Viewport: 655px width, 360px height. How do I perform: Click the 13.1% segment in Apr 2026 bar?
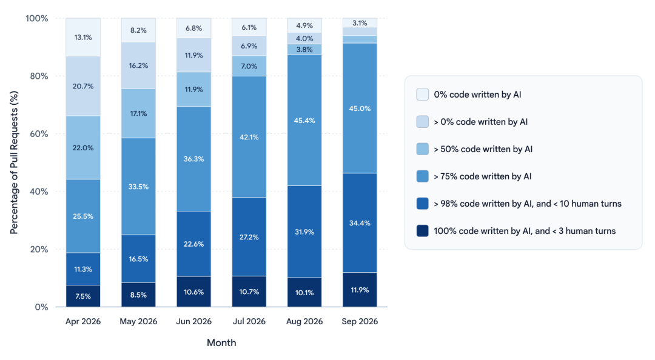click(83, 37)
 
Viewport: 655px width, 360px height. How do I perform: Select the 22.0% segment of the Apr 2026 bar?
click(83, 147)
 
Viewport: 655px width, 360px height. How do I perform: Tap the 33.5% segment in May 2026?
click(138, 186)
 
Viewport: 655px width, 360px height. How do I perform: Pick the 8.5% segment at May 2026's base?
click(138, 295)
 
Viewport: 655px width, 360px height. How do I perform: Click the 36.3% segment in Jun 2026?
click(194, 159)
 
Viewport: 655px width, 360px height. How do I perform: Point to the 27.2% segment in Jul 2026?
click(249, 237)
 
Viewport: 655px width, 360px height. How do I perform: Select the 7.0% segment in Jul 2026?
click(249, 66)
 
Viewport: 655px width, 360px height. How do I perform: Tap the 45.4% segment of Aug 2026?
click(304, 120)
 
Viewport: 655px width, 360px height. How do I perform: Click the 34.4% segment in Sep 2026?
click(360, 223)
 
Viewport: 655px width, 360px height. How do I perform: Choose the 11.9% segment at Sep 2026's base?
click(360, 290)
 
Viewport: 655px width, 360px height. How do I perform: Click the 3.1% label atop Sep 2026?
click(360, 23)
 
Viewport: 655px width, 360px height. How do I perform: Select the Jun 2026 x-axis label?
click(194, 321)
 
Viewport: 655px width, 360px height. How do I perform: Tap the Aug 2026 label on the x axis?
click(304, 321)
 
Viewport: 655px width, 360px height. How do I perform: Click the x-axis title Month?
click(221, 342)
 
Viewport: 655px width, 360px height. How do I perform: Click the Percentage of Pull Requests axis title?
click(14, 162)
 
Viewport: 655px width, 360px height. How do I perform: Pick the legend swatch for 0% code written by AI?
click(422, 95)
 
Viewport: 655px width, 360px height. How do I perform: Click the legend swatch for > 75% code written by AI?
click(422, 176)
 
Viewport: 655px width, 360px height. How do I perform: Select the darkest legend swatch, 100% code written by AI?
click(422, 231)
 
